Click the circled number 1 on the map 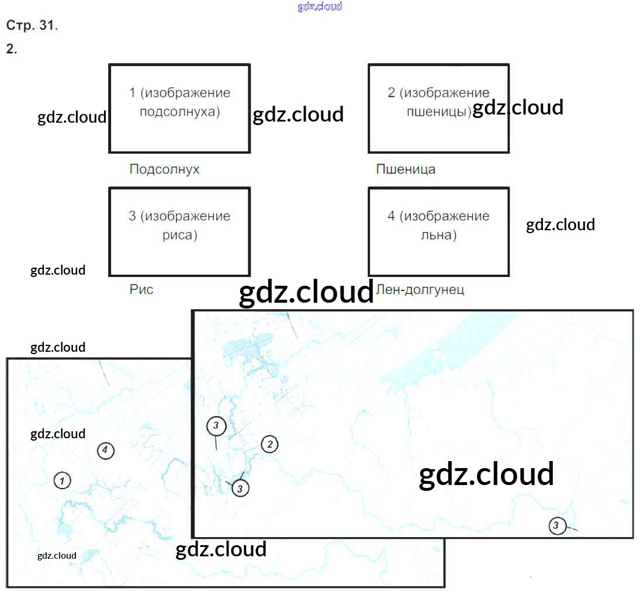(62, 480)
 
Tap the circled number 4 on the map (105, 451)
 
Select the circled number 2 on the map (269, 444)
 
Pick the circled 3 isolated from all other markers (557, 526)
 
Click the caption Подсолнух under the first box (164, 169)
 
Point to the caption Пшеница (406, 169)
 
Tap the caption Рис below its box (141, 289)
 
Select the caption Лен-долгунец (421, 289)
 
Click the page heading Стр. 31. (32, 26)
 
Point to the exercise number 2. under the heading (12, 49)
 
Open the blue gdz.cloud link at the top (320, 7)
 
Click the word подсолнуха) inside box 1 (180, 112)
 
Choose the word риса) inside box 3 (180, 236)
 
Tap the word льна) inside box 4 (438, 236)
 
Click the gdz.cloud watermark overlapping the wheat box (518, 108)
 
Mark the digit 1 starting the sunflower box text (132, 92)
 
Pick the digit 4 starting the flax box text (392, 216)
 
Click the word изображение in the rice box (188, 216)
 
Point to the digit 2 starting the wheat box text (392, 92)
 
